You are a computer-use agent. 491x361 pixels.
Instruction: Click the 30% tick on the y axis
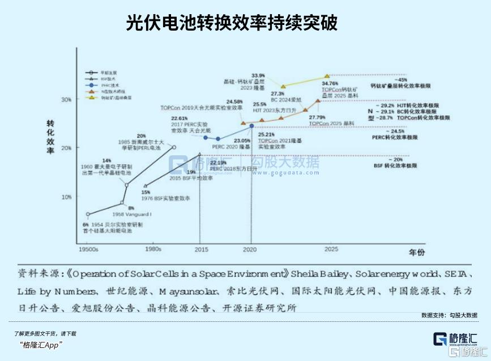click(x=66, y=100)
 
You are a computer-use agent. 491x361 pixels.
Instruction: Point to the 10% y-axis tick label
click(x=66, y=197)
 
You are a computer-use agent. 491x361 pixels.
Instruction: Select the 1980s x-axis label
click(x=153, y=249)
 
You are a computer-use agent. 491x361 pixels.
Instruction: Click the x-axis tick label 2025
click(x=331, y=249)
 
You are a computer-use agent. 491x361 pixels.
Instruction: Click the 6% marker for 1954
click(x=88, y=214)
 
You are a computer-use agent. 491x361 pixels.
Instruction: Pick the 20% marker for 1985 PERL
click(x=174, y=147)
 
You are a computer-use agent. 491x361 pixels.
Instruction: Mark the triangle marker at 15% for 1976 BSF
click(x=146, y=185)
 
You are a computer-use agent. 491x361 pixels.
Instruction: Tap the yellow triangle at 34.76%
click(x=327, y=76)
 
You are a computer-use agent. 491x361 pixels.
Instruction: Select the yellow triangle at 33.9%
click(x=283, y=86)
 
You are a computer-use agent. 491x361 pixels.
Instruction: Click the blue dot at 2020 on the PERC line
click(x=251, y=126)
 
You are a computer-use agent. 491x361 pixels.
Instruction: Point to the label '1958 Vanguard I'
click(x=132, y=215)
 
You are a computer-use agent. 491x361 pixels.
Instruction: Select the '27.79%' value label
click(x=318, y=117)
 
